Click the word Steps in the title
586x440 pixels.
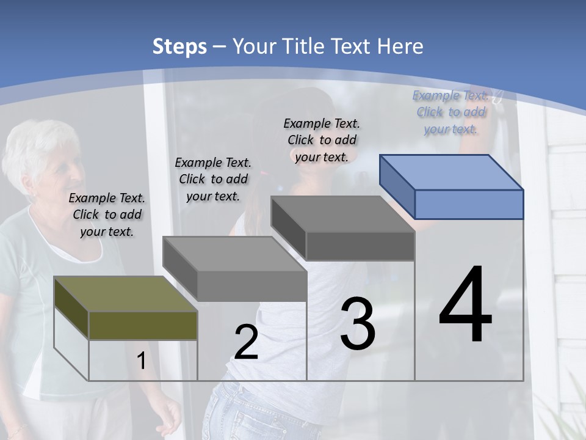[179, 46]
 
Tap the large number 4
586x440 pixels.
[465, 305]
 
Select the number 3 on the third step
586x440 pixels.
[358, 324]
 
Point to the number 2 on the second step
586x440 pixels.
[246, 342]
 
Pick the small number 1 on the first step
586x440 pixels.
[141, 361]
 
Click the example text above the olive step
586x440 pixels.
[107, 215]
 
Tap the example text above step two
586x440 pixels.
[213, 179]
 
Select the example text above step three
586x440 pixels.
[322, 140]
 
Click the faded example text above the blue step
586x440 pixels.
[450, 112]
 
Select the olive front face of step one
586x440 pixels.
[143, 325]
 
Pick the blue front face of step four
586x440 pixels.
[469, 204]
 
